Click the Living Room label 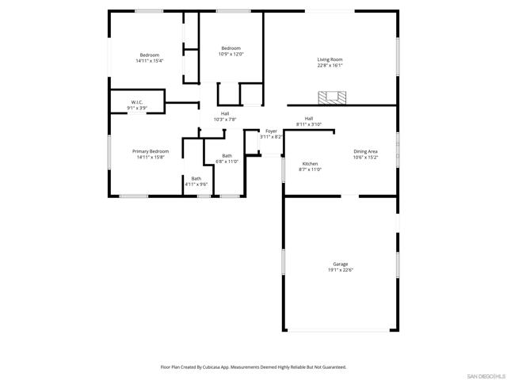[x=330, y=59]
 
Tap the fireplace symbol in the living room [x=332, y=97]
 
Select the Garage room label [x=340, y=264]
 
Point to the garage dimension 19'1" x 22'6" [x=340, y=270]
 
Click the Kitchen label [x=310, y=163]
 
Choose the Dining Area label [x=365, y=151]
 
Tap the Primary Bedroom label [x=150, y=150]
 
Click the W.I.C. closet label [x=136, y=101]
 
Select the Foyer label [x=271, y=131]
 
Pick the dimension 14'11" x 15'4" [x=149, y=61]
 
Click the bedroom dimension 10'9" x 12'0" [x=231, y=55]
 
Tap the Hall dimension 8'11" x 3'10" [x=308, y=124]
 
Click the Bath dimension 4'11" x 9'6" [x=196, y=184]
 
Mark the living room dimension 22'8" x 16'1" [x=330, y=66]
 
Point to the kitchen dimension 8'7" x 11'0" [x=310, y=169]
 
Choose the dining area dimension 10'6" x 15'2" [x=365, y=158]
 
